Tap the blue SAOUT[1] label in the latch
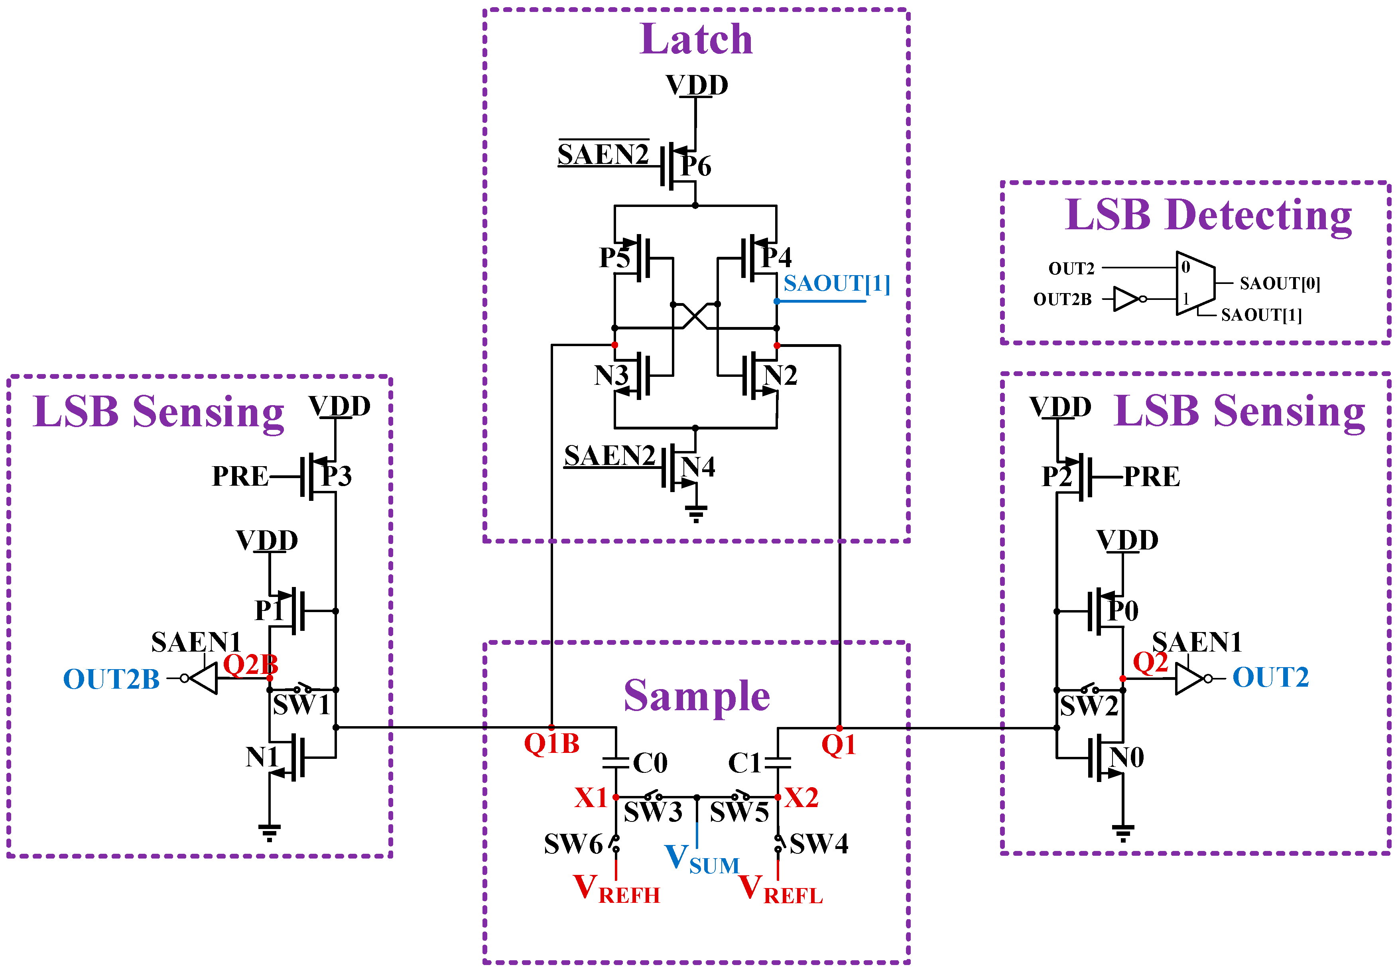[x=836, y=284]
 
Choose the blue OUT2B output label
[x=112, y=679]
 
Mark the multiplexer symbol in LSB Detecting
[x=1195, y=284]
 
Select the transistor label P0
[x=1123, y=611]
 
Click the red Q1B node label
[x=551, y=744]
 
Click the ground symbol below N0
[x=1123, y=832]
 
